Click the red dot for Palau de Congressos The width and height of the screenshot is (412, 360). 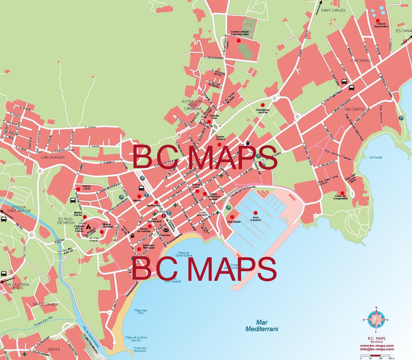342,193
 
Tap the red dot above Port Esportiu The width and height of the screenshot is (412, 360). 255,213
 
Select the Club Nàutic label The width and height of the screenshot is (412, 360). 234,221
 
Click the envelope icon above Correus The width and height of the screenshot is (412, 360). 166,230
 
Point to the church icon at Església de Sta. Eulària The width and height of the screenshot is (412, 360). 88,226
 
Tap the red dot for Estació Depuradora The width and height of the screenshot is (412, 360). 378,20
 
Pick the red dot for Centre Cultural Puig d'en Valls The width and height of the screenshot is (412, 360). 239,41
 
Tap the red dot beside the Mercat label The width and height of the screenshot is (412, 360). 139,196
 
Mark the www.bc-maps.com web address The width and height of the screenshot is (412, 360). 377,345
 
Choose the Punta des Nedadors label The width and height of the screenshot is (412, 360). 139,350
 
